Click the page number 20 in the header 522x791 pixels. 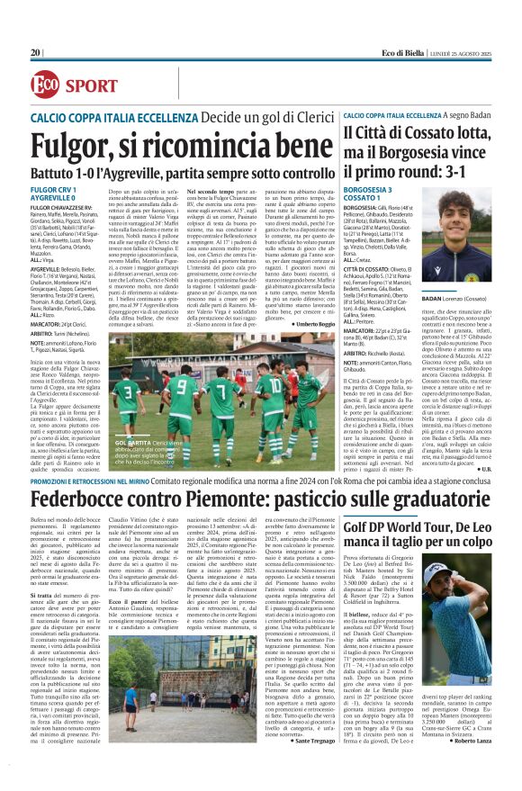click(35, 53)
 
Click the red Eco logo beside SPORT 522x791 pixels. click(44, 85)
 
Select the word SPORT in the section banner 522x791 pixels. click(91, 85)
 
